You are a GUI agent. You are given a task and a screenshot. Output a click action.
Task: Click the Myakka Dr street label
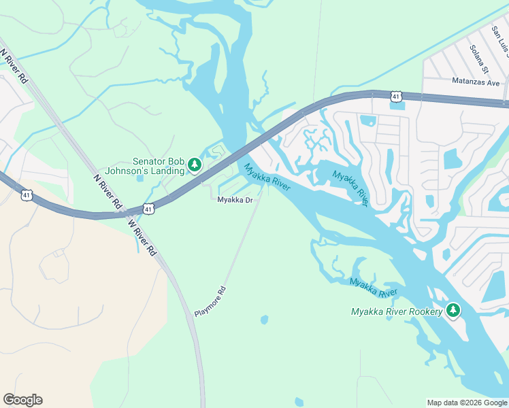235,200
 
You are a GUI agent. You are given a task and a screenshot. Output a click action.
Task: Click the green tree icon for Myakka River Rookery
453,311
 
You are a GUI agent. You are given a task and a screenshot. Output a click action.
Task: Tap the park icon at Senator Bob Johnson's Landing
195,165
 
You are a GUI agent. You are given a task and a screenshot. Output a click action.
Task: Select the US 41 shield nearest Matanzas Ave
395,97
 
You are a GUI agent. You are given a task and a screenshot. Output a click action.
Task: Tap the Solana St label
479,59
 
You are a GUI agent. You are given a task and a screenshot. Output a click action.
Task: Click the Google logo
22,400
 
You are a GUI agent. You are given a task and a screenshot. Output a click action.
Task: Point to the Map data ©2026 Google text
467,403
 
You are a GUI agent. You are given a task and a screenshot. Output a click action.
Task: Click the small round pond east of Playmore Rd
264,319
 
